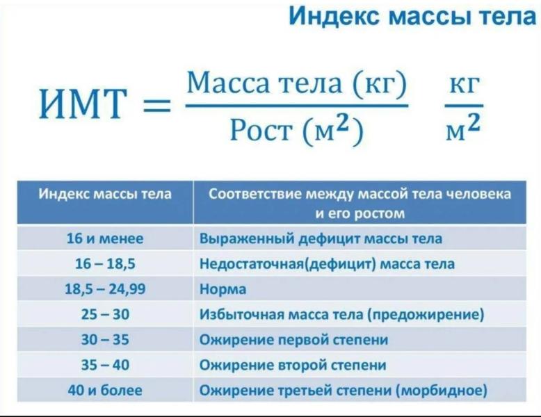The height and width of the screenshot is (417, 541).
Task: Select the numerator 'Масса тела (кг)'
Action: (x=296, y=84)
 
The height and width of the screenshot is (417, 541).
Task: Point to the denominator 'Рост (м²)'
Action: (x=296, y=129)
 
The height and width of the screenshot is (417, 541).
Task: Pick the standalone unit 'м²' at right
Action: (x=465, y=128)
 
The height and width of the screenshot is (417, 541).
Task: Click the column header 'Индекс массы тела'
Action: (x=105, y=194)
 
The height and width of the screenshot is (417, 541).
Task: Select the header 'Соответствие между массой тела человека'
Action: (x=360, y=194)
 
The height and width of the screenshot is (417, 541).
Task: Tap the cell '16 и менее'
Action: (x=105, y=238)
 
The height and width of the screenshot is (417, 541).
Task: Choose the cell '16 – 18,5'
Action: (x=105, y=264)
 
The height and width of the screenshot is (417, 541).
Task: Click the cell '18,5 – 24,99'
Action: (x=105, y=289)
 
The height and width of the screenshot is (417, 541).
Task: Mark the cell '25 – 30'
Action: (x=105, y=315)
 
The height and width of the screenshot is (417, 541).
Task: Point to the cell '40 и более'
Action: (x=105, y=391)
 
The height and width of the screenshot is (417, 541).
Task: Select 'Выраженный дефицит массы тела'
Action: (x=321, y=238)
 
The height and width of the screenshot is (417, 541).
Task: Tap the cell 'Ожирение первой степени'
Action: (x=293, y=340)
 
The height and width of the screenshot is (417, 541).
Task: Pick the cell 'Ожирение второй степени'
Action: (x=292, y=365)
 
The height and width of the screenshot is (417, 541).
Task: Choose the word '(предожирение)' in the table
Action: (x=430, y=315)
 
